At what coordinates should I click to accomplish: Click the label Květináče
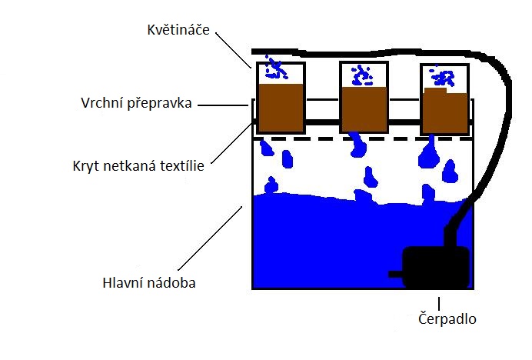point(178,30)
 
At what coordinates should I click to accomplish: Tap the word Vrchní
point(102,103)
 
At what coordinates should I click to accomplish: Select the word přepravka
point(159,104)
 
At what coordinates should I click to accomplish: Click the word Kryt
point(86,166)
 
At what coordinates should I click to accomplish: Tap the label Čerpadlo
point(447,318)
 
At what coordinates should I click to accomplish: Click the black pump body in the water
point(436,268)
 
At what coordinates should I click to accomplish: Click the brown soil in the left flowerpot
point(281,108)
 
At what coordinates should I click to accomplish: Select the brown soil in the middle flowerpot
point(364,109)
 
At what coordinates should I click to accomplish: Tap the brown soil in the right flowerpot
point(445,111)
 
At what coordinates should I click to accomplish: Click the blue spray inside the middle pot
point(362,75)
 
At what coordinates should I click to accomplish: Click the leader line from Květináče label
point(234,50)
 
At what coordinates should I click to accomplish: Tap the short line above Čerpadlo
point(439,303)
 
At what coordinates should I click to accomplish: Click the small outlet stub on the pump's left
point(396,274)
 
